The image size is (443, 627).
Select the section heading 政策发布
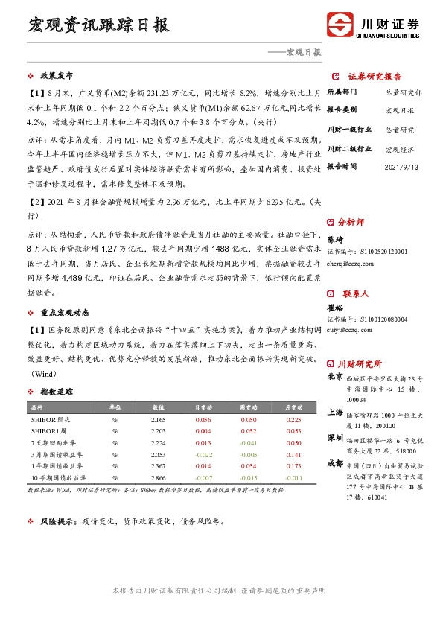coord(56,76)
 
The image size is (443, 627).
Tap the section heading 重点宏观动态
coord(60,311)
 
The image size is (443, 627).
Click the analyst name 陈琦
coord(336,240)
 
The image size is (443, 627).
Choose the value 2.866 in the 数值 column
coord(157,477)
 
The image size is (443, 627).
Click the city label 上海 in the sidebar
coord(336,412)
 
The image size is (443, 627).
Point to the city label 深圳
coord(336,439)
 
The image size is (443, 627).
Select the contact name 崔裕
coord(336,308)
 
